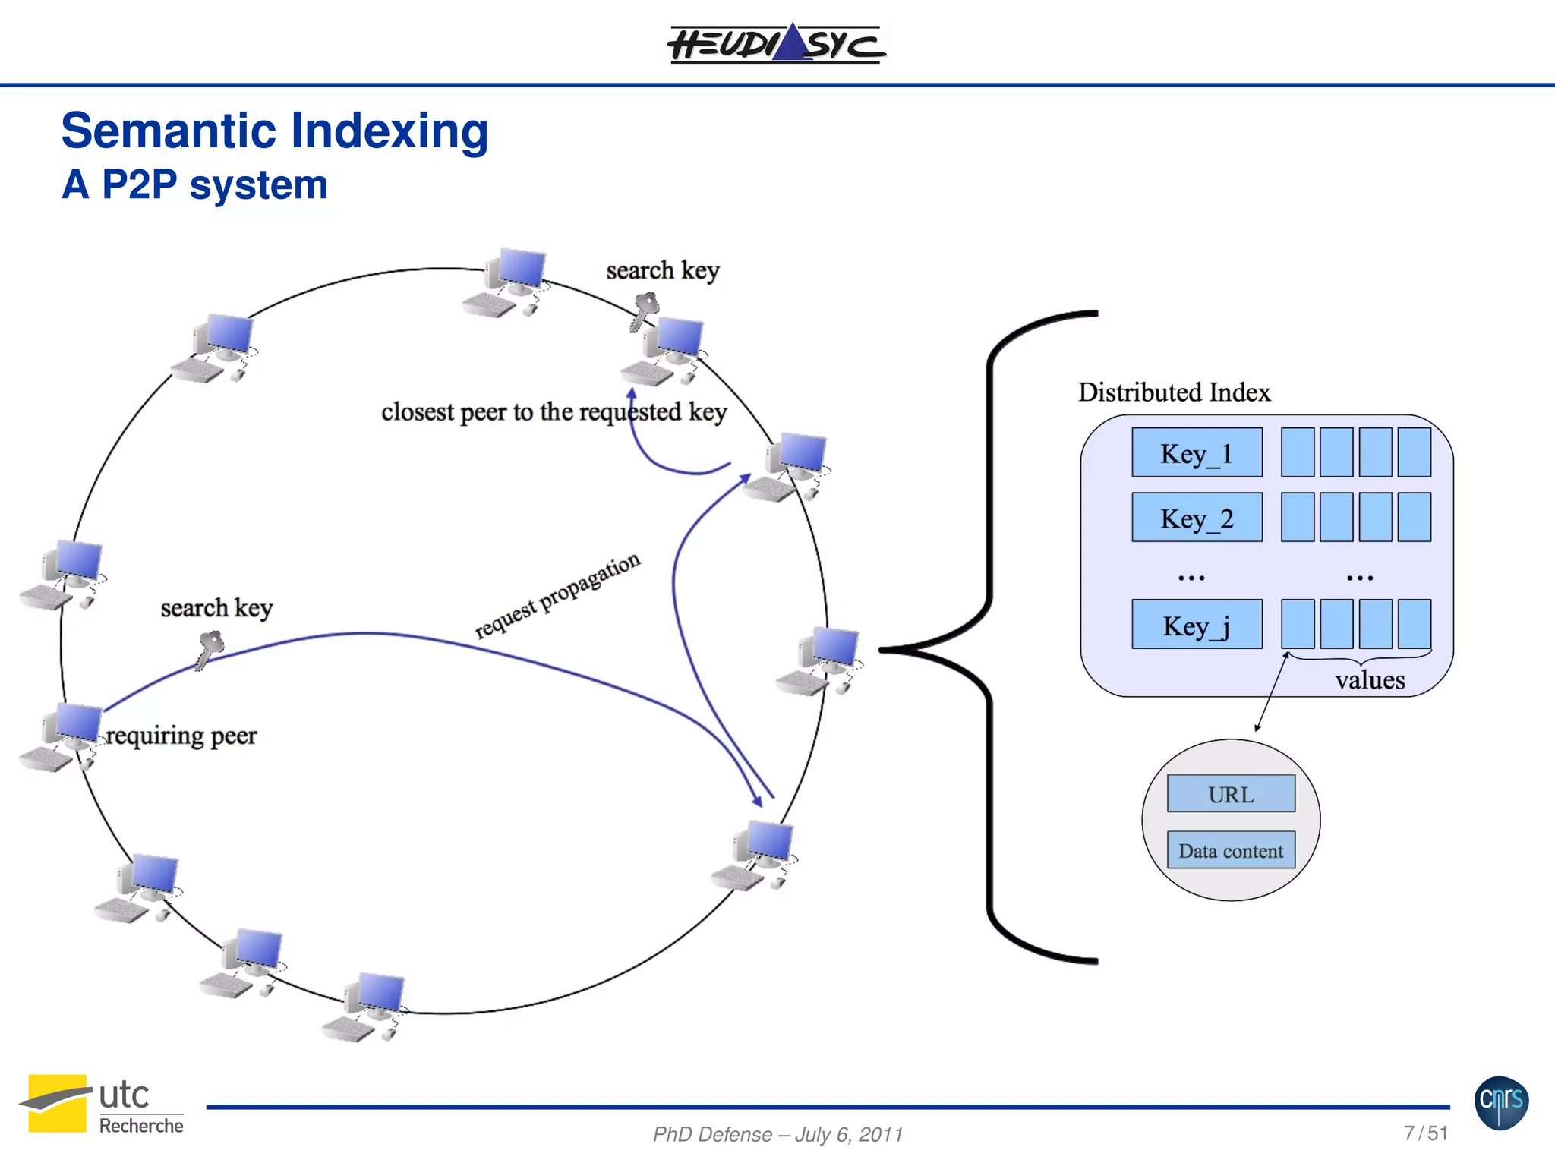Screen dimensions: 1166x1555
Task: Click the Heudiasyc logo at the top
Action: click(776, 43)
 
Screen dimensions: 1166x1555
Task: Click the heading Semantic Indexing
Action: click(274, 131)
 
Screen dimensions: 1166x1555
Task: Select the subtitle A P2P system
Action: click(194, 184)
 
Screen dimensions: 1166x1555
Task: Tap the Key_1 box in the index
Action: click(1197, 453)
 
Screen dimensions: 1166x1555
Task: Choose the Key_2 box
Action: click(1197, 518)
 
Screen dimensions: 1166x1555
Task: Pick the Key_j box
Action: click(1197, 625)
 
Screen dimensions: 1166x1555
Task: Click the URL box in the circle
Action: click(1231, 794)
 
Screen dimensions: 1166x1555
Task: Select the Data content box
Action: click(1231, 851)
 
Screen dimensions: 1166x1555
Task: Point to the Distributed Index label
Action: click(1174, 392)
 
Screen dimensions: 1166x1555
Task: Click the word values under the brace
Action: click(1370, 680)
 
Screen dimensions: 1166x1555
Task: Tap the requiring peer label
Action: click(181, 736)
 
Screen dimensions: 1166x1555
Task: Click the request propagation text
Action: click(557, 596)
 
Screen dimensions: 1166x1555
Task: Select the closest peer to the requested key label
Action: click(554, 412)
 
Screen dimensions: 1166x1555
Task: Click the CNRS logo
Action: click(1501, 1102)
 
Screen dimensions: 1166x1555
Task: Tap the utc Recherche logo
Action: click(102, 1105)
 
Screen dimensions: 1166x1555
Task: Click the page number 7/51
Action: click(1425, 1133)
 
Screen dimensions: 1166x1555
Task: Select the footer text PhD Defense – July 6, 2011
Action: click(777, 1134)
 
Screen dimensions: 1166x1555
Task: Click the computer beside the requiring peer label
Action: click(62, 736)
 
